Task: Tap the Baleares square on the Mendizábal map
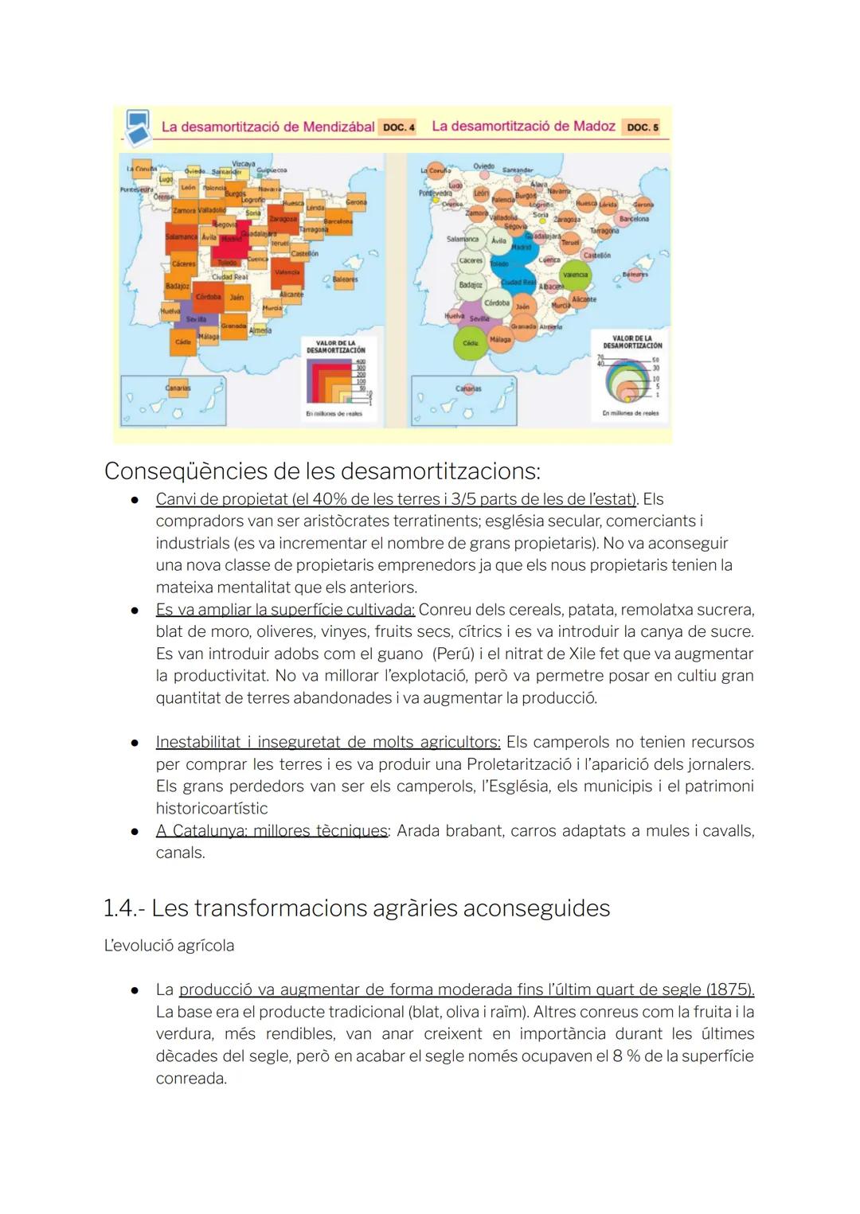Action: [344, 279]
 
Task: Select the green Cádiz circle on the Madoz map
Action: [471, 343]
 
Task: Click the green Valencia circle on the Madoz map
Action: [575, 275]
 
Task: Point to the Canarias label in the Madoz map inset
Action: [468, 388]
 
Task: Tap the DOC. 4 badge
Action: [398, 127]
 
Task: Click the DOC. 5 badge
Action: [643, 127]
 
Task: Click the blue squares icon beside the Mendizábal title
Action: [138, 127]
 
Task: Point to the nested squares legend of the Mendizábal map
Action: [332, 381]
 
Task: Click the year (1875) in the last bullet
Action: [729, 990]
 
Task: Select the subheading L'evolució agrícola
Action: [169, 946]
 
